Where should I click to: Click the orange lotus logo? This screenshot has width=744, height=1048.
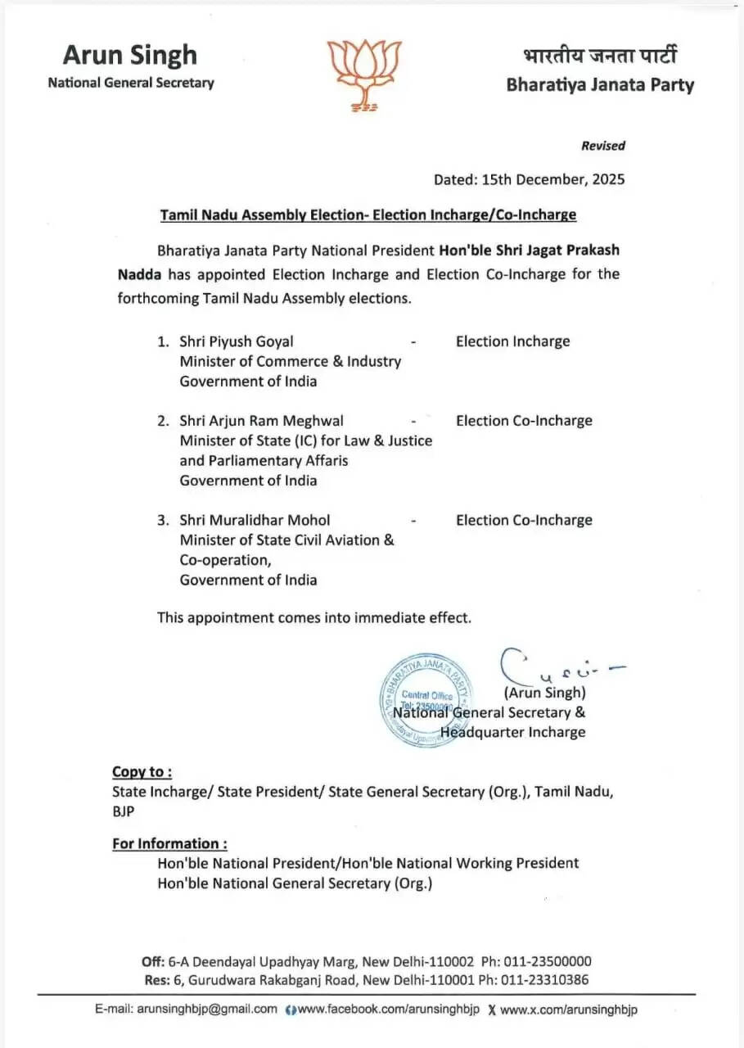[364, 75]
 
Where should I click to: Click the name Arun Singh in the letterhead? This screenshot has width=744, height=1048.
[130, 55]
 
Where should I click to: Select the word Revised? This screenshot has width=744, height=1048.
[602, 146]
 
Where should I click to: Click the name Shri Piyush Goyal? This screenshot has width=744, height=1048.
[237, 341]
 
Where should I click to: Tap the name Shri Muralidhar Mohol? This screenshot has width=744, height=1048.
[255, 520]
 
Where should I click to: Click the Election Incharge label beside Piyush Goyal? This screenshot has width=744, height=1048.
[512, 341]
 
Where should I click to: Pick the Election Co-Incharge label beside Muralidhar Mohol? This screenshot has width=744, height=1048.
[524, 520]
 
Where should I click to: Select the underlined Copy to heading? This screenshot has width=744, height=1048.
[142, 771]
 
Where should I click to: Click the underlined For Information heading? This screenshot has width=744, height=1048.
[169, 843]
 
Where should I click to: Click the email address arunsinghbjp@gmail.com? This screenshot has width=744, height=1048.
[207, 1010]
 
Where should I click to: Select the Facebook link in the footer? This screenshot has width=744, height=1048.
[388, 1010]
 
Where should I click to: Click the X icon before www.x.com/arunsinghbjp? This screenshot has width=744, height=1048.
[491, 1010]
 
